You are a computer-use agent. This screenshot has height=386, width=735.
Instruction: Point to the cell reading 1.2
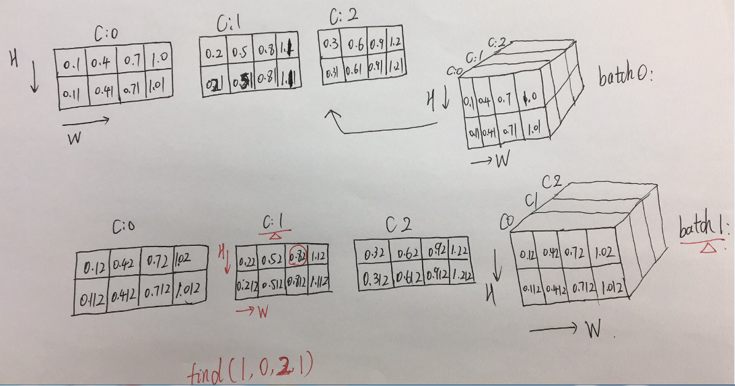pyautogui.click(x=396, y=43)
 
